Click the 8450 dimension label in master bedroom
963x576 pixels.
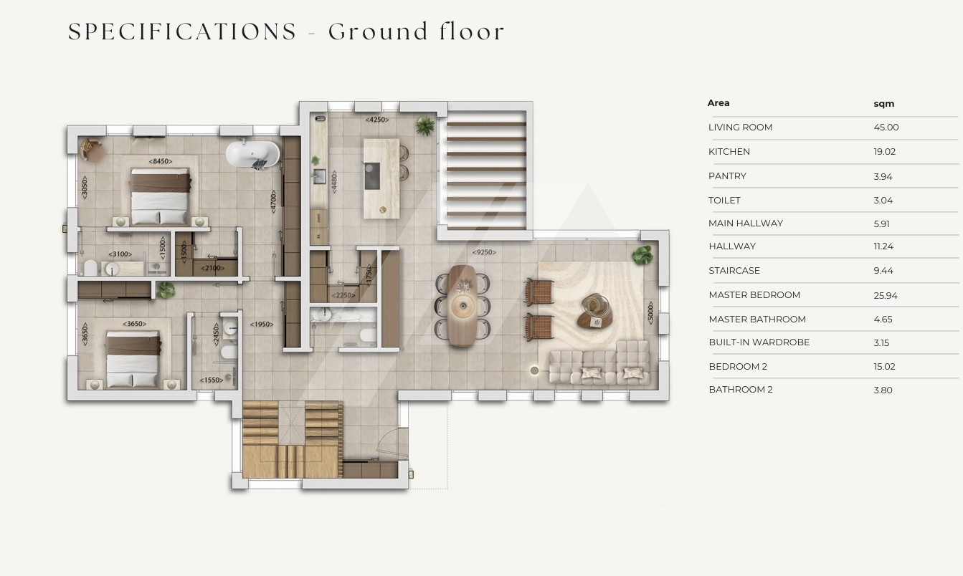(x=161, y=161)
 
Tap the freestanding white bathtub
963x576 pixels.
(x=253, y=153)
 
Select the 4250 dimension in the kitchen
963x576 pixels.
(x=377, y=120)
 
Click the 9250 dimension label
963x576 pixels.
(x=484, y=252)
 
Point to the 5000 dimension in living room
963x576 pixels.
(x=650, y=312)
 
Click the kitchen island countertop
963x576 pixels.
(x=381, y=178)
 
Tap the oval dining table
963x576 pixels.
(x=462, y=305)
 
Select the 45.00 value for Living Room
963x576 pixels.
(x=886, y=127)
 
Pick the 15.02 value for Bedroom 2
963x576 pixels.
(x=884, y=366)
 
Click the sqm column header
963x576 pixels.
(x=884, y=104)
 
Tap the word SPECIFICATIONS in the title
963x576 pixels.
(x=182, y=32)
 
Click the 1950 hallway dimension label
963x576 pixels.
(x=262, y=325)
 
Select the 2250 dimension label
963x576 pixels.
(x=343, y=295)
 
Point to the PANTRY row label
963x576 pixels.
(x=727, y=176)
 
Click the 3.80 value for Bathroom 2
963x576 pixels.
(x=883, y=390)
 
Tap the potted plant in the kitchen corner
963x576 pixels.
(x=424, y=126)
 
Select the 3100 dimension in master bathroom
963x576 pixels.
(x=120, y=254)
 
